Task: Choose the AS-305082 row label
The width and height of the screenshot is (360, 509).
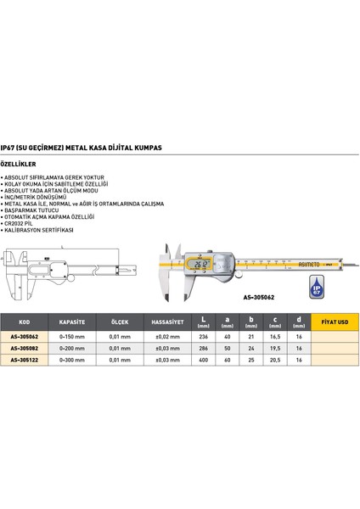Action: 25,348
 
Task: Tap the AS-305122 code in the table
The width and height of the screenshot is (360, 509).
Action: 25,359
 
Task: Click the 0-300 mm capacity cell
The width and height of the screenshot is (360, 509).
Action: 70,359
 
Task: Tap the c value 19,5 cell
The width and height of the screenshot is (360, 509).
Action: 273,348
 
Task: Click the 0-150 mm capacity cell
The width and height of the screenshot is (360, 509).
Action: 70,337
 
